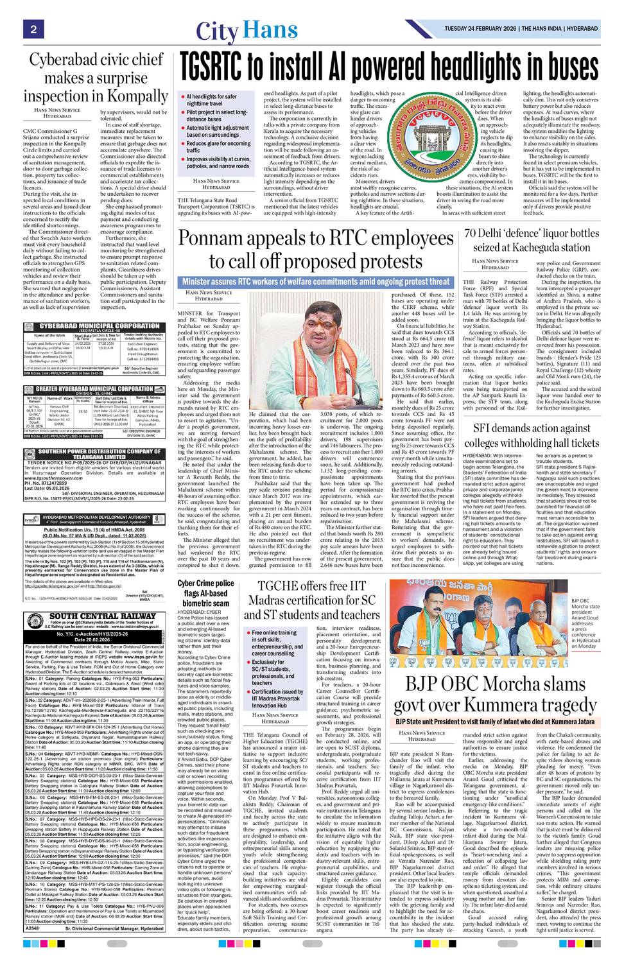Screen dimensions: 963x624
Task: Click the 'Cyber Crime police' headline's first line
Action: (206, 583)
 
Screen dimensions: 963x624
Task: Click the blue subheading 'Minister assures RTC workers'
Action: (315, 281)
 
